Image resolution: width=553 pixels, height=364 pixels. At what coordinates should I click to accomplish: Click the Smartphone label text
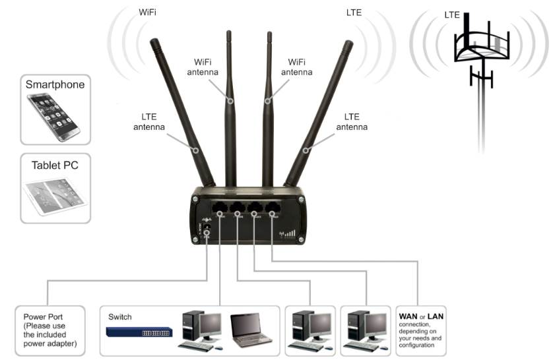55,84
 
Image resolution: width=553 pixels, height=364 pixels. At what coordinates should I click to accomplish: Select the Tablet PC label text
55,166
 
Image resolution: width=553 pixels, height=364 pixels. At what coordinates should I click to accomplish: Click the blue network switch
140,332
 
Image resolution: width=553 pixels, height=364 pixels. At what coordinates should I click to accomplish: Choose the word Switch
120,317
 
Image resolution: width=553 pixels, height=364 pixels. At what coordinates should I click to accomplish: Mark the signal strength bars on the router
289,233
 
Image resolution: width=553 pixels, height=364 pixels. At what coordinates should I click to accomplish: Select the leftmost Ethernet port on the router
219,208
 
